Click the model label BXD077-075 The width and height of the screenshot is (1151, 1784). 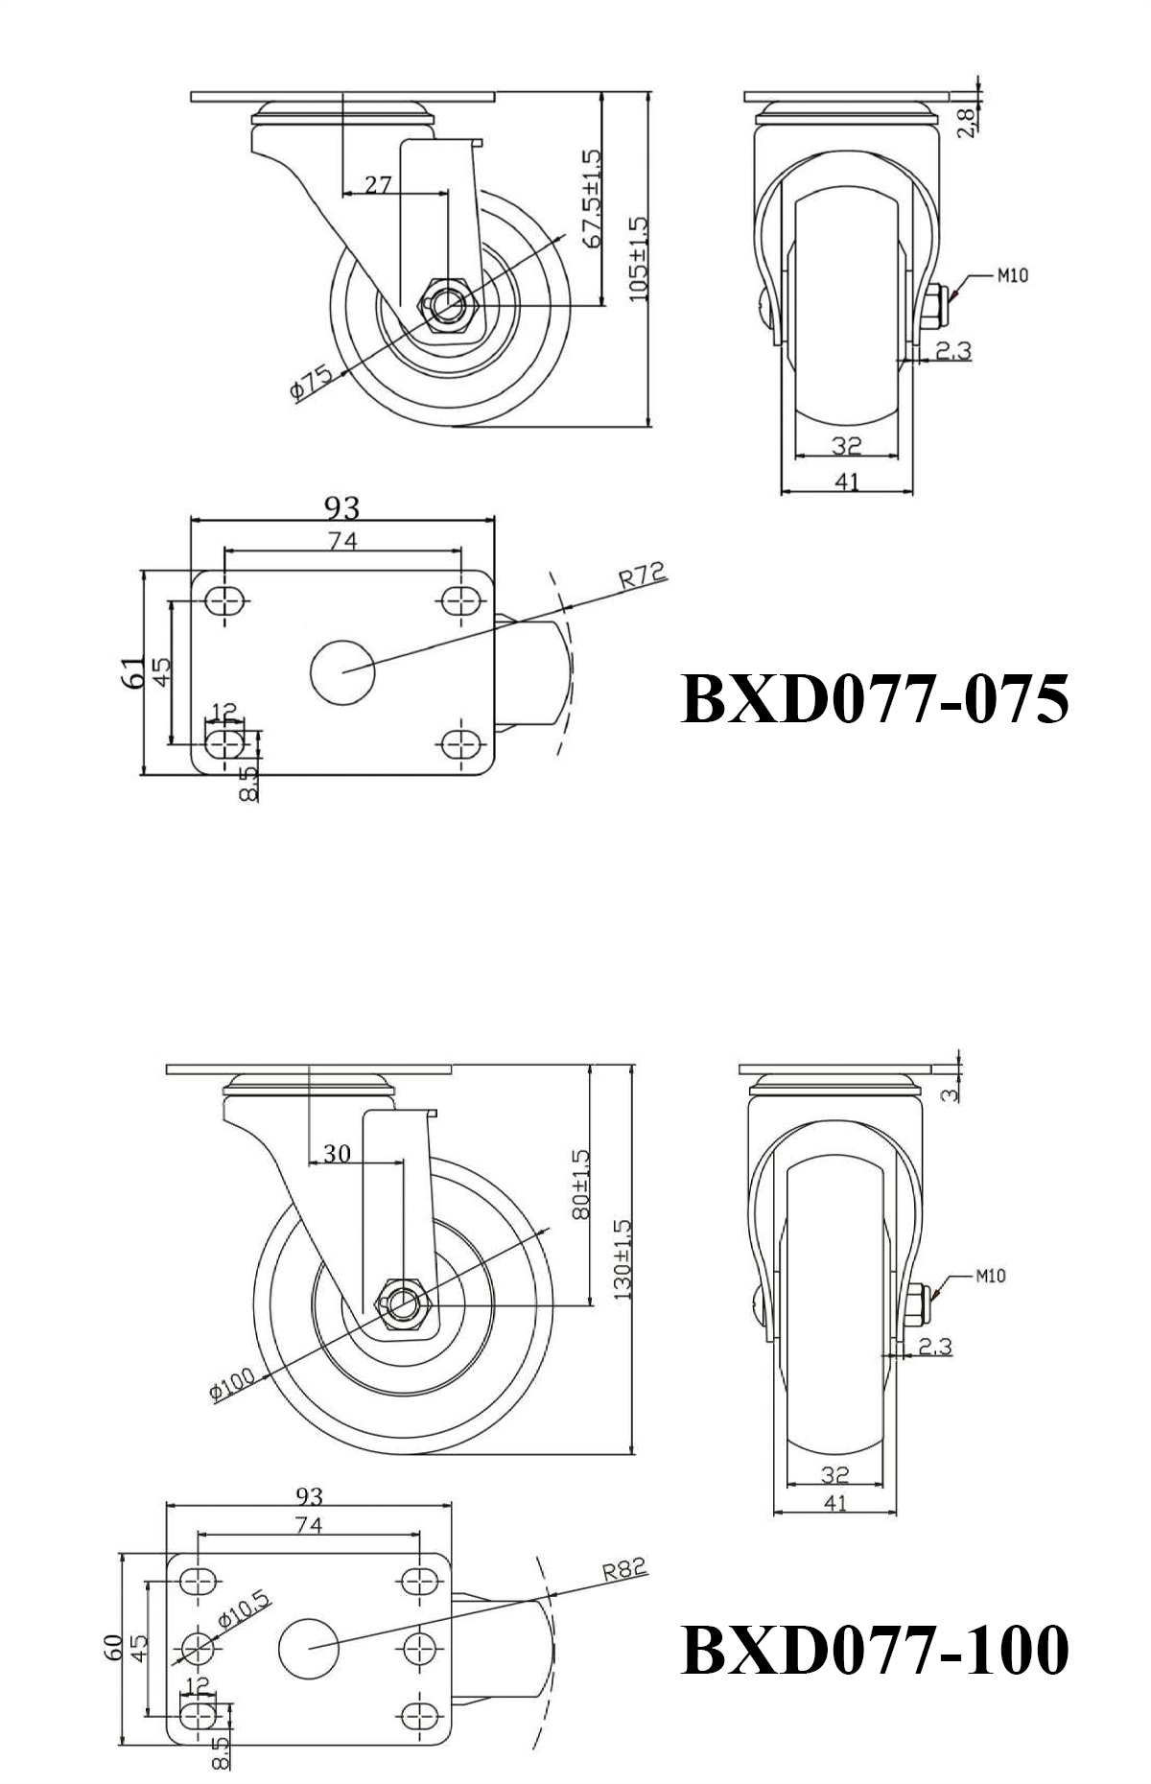point(874,698)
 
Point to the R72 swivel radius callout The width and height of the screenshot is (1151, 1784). point(641,575)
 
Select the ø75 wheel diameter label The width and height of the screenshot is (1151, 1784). point(311,383)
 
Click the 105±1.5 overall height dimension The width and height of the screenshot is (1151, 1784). point(639,259)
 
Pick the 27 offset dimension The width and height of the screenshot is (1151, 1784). point(379,183)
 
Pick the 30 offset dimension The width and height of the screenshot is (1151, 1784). point(337,1154)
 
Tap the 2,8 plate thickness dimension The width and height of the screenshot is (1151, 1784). point(967,122)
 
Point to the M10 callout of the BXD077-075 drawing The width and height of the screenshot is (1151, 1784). point(1012,275)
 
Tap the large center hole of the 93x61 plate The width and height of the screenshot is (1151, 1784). point(342,671)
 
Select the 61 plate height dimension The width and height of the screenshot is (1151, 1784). point(135,671)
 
